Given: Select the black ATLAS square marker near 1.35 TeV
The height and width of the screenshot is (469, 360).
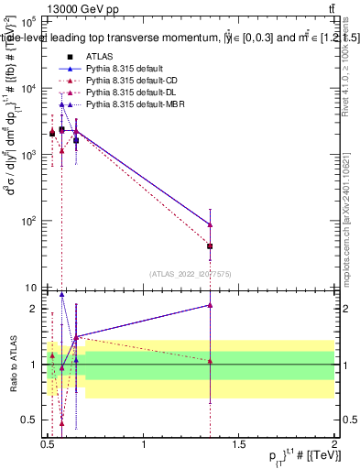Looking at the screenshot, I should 211,246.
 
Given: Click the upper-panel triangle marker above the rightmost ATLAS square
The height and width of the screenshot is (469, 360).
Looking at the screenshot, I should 211,224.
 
